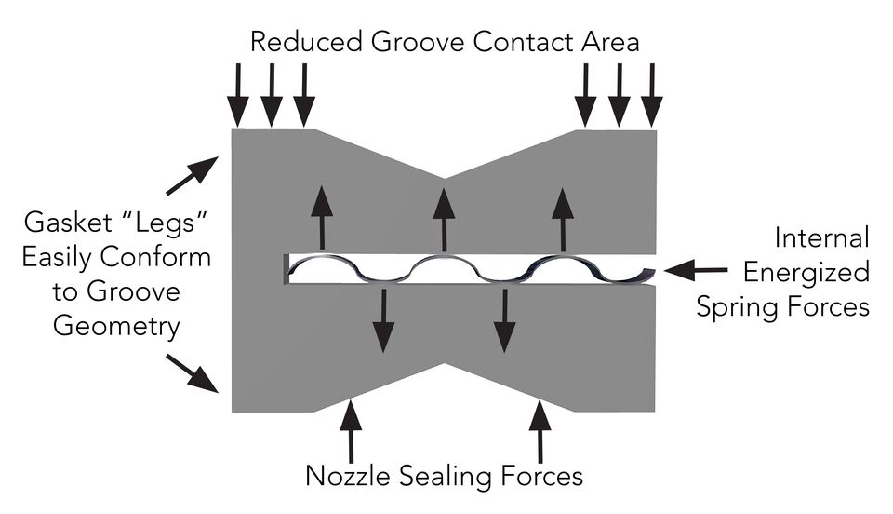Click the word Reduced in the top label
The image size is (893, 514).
click(306, 42)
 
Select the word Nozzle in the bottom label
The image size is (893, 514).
click(349, 476)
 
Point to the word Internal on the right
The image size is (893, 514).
click(821, 237)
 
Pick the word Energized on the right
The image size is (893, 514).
click(806, 274)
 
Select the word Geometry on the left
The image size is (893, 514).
click(117, 327)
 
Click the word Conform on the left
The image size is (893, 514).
click(156, 257)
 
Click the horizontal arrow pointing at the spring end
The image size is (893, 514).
click(696, 269)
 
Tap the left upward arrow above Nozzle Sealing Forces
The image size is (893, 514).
click(351, 431)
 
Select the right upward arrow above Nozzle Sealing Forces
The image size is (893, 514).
click(540, 431)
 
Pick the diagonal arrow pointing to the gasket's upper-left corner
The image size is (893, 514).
click(192, 175)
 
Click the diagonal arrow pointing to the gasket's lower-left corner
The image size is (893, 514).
click(192, 373)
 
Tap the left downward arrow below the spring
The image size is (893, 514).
click(384, 320)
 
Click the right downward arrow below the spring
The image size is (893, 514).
click(504, 320)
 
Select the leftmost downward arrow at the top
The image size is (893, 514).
click(238, 95)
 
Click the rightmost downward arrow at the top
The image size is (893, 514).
click(651, 95)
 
